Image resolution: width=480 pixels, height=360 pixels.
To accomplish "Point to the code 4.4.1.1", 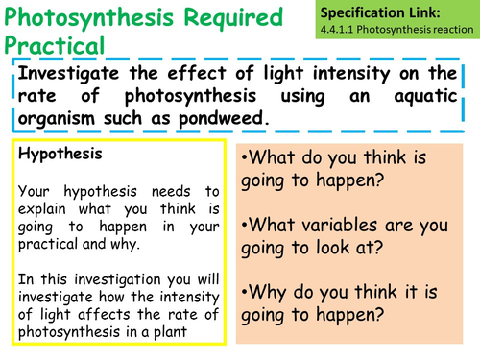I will (346, 30).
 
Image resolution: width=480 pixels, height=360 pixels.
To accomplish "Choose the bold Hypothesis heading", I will (54, 152).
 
